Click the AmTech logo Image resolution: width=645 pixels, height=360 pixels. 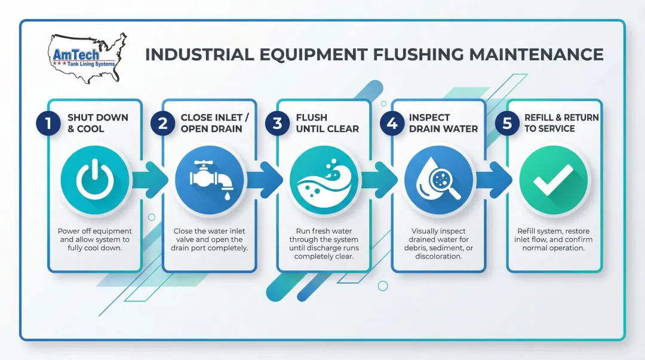pyautogui.click(x=87, y=57)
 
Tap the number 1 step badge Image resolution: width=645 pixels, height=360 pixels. pyautogui.click(x=48, y=124)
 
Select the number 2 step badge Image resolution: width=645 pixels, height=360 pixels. pyautogui.click(x=162, y=124)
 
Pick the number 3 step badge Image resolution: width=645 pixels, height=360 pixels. pyautogui.click(x=277, y=124)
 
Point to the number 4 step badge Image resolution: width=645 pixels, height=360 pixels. pyautogui.click(x=392, y=124)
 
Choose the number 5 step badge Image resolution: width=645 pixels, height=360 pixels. pyautogui.click(x=507, y=124)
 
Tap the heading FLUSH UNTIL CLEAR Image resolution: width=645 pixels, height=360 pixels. pyautogui.click(x=327, y=123)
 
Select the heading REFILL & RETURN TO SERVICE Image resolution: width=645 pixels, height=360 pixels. pyautogui.click(x=561, y=123)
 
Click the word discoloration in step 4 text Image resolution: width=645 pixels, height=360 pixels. pyautogui.click(x=438, y=256)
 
